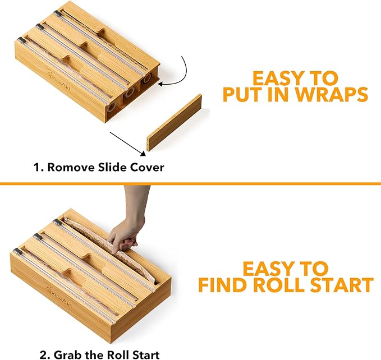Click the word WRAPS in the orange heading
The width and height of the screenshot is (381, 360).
[332, 94]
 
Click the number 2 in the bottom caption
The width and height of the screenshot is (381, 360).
[44, 354]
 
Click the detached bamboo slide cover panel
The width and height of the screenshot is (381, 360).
[175, 122]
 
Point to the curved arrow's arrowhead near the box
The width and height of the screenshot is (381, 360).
[161, 84]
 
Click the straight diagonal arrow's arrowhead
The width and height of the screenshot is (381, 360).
[143, 153]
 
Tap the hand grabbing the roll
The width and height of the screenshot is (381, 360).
[125, 233]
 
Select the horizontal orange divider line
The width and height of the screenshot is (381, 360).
[191, 183]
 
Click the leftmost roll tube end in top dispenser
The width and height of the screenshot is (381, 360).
[112, 107]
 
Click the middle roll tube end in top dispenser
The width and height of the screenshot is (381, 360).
[130, 93]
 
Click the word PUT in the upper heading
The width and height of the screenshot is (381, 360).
[243, 94]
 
